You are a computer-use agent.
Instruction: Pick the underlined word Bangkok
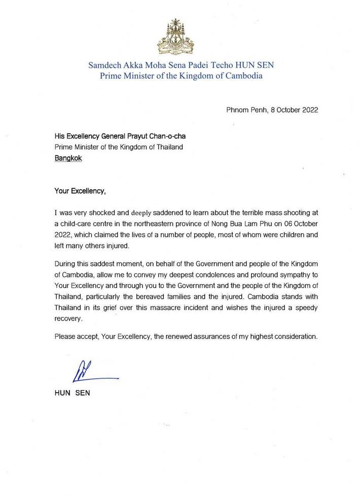pyautogui.click(x=68, y=158)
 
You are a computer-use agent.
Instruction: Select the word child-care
pyautogui.click(x=79, y=225)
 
